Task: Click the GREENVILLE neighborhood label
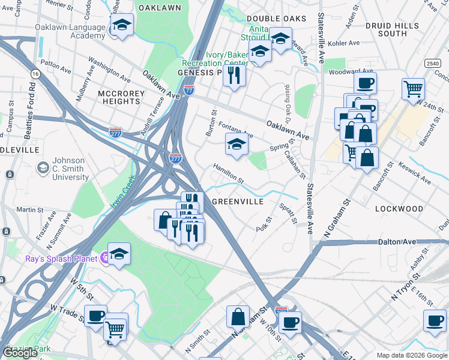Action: pyautogui.click(x=238, y=202)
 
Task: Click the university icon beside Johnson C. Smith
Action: pyautogui.click(x=43, y=168)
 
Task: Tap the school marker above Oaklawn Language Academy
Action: pyautogui.click(x=122, y=25)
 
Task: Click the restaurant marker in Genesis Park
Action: pyautogui.click(x=234, y=76)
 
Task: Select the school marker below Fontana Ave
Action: pyautogui.click(x=236, y=145)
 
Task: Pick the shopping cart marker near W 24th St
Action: pyautogui.click(x=413, y=89)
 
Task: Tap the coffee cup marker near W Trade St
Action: pyautogui.click(x=95, y=316)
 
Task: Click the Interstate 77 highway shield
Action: pyautogui.click(x=189, y=90)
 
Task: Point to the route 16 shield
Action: pyautogui.click(x=36, y=73)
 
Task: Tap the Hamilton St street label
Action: pyautogui.click(x=229, y=175)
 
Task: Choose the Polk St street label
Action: pyautogui.click(x=264, y=226)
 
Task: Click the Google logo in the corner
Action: pyautogui.click(x=20, y=353)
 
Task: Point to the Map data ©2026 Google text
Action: pyautogui.click(x=411, y=355)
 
